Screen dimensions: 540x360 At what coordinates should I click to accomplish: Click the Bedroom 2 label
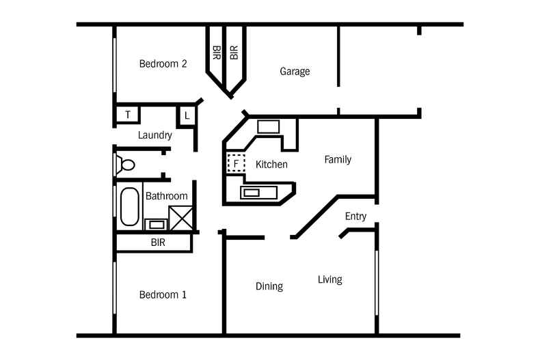(163, 64)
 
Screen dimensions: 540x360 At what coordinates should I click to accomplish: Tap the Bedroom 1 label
(163, 294)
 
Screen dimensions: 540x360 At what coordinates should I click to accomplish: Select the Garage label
(295, 72)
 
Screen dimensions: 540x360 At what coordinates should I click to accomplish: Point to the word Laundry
(155, 135)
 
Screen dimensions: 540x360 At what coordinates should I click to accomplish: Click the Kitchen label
(271, 164)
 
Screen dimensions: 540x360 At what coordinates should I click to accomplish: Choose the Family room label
(338, 160)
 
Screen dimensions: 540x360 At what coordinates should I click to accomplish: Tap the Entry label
(355, 217)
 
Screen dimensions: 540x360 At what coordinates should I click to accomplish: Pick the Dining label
(269, 286)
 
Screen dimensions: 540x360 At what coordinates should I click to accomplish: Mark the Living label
(330, 280)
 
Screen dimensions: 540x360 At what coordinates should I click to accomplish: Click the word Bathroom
(167, 196)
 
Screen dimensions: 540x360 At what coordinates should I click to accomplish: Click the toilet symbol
(124, 165)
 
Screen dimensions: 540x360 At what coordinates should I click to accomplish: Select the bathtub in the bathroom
(129, 206)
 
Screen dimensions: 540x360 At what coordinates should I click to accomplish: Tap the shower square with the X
(181, 218)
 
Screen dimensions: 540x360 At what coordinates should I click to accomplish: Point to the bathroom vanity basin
(157, 225)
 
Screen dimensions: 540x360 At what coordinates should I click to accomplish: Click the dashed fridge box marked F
(236, 163)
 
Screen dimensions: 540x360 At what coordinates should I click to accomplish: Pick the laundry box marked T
(128, 115)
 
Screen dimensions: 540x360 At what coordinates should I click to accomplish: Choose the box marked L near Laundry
(187, 116)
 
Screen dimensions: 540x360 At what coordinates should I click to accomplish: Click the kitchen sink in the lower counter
(258, 193)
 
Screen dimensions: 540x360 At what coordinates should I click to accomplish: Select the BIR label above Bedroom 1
(158, 243)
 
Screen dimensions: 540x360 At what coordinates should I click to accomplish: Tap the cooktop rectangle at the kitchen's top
(268, 127)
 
